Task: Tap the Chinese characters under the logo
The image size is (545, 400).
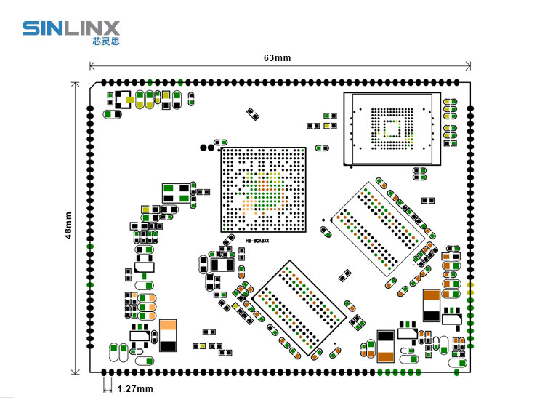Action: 106,41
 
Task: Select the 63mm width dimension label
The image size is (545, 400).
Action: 277,57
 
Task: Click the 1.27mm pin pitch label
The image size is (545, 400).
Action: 134,389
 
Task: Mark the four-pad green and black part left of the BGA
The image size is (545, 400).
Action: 177,193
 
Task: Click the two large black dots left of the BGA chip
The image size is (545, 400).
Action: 208,148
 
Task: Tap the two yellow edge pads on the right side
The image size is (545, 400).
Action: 470,288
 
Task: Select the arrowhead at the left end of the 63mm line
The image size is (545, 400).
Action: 92,67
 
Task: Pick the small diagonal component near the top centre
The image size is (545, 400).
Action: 253,113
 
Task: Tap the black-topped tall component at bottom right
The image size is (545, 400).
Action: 386,345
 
